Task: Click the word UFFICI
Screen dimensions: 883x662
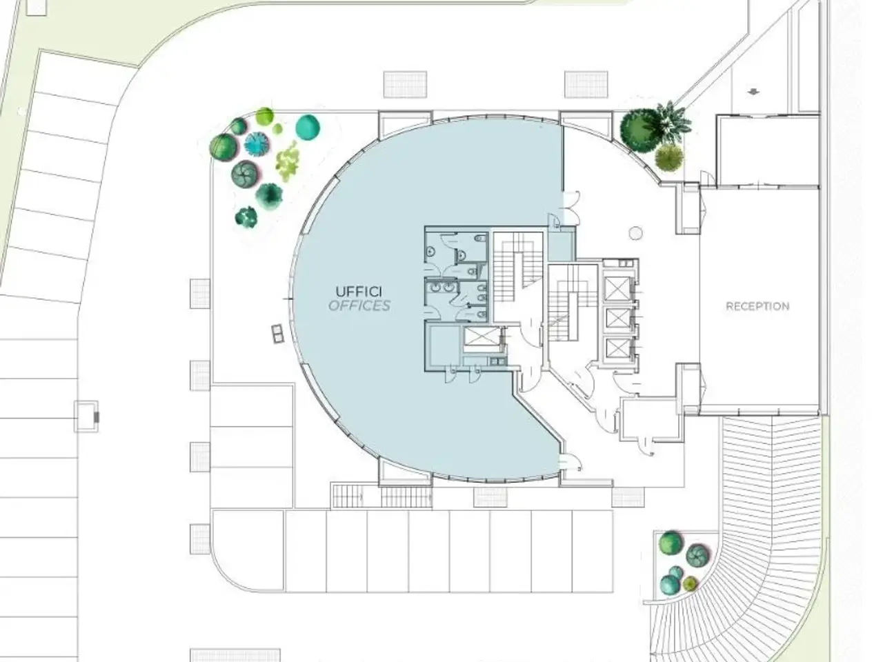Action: click(359, 291)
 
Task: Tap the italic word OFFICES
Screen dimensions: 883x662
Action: click(359, 306)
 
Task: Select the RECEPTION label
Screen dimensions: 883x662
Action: click(757, 306)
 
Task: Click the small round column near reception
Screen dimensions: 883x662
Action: click(635, 233)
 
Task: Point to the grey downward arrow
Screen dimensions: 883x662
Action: click(753, 92)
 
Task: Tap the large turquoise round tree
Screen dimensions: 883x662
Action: click(308, 127)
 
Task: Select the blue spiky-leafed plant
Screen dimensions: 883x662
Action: click(256, 144)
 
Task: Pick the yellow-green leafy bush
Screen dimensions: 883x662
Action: click(287, 161)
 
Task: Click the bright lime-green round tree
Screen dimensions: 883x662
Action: click(264, 116)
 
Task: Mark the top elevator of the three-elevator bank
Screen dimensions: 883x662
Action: click(617, 288)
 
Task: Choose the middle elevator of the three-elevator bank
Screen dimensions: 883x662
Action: click(617, 319)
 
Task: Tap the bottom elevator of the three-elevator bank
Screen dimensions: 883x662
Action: click(617, 348)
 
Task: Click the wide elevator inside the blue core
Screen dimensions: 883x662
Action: click(482, 337)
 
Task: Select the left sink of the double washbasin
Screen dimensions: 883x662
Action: click(436, 288)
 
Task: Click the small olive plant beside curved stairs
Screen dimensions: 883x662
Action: click(690, 583)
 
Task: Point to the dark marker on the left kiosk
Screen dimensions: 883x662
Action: click(96, 417)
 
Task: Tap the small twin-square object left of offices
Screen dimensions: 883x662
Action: click(277, 334)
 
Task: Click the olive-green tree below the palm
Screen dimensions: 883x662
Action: click(669, 157)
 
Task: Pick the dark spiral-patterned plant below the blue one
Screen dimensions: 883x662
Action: click(245, 174)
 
